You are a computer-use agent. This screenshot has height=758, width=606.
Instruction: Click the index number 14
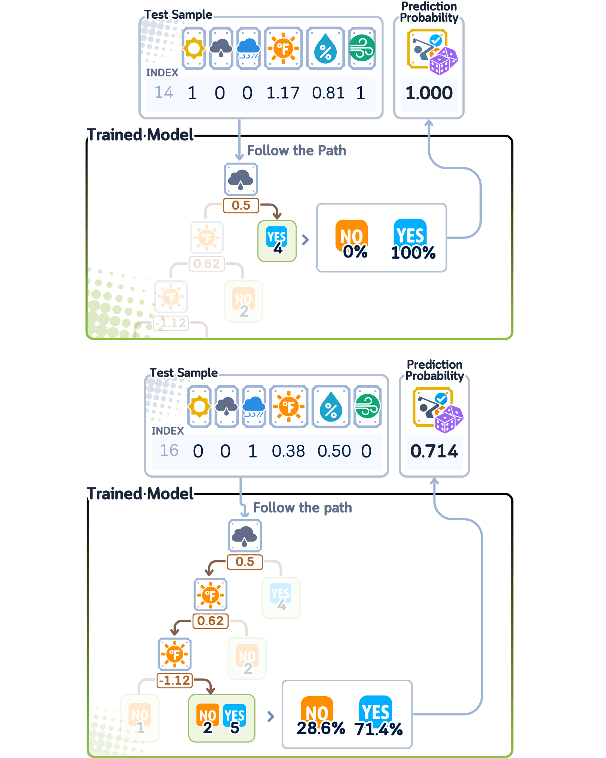(x=164, y=92)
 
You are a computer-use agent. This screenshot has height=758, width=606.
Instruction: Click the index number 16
(x=169, y=451)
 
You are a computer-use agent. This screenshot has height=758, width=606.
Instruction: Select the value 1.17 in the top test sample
(x=283, y=93)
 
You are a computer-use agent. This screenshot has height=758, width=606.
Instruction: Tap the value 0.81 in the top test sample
(x=328, y=93)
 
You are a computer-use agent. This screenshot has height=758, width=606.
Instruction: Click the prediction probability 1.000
(x=429, y=93)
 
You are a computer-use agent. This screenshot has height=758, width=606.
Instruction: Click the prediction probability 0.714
(x=434, y=451)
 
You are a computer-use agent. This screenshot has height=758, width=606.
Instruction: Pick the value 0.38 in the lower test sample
(x=288, y=451)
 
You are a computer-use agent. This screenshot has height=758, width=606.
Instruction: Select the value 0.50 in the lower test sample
(x=334, y=451)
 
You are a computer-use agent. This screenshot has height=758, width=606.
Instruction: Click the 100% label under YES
(x=413, y=253)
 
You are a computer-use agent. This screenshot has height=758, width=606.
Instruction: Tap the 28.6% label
(x=321, y=728)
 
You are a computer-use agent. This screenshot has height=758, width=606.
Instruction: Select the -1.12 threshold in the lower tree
(x=175, y=680)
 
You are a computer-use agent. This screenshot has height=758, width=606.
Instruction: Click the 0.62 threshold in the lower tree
(x=210, y=621)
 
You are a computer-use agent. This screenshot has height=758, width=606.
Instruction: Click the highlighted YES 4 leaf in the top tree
(x=277, y=241)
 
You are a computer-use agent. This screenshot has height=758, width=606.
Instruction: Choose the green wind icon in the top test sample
(x=362, y=48)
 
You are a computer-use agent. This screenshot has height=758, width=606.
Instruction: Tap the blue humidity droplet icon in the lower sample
(x=331, y=407)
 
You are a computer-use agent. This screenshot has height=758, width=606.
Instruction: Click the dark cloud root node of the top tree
(x=241, y=179)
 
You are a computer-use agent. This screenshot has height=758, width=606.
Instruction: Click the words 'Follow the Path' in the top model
(x=297, y=150)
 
